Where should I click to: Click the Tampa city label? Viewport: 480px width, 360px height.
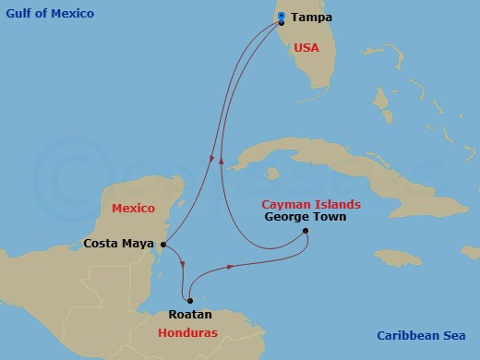pos(311,18)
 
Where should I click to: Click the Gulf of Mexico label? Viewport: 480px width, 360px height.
pos(50,14)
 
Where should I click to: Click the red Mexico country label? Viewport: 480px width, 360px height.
pos(133,209)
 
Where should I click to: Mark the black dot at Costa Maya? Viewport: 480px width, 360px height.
pos(162,244)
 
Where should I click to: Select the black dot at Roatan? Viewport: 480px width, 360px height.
pos(189,300)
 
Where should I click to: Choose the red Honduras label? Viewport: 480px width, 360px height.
pos(187,332)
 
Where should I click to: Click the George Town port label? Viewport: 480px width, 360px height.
pos(305,217)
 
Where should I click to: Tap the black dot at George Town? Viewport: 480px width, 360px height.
pos(306,232)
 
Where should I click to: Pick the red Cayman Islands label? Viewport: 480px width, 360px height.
pos(310,204)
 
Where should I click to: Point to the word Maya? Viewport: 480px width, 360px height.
pos(138,245)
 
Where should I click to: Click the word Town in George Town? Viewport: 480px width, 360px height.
pos(329,217)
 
